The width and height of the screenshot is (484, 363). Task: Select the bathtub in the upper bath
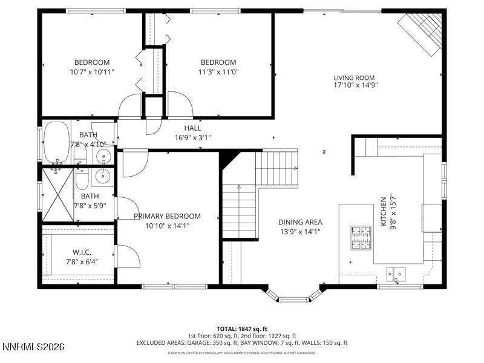pos(57,142)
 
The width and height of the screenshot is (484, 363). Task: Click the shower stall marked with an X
pos(57,195)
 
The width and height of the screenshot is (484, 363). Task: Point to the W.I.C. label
pos(82,252)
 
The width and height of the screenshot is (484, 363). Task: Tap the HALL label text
pos(192,128)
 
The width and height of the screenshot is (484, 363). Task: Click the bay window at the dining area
pos(294,296)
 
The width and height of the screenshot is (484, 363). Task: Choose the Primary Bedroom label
pos(167,216)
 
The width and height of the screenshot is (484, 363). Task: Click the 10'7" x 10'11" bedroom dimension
pos(92,71)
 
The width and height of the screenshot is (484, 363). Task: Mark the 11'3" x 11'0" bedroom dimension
pos(218,71)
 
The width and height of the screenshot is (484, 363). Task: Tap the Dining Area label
pos(300,222)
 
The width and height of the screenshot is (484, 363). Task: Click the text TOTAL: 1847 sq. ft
pos(241,329)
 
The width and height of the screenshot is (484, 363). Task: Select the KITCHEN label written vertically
pos(383,212)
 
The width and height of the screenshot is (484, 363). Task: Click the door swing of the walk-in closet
pos(128,257)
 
